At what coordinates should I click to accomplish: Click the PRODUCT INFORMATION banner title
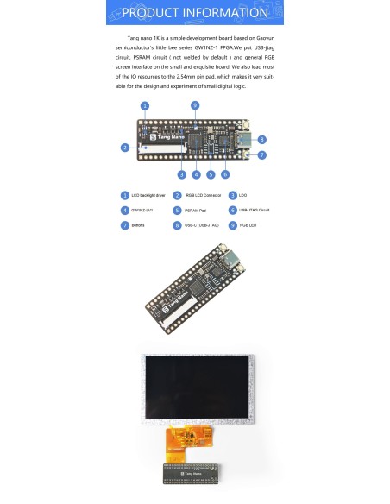195,13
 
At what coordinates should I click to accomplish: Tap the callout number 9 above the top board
195,104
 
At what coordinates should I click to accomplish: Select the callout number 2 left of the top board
124,148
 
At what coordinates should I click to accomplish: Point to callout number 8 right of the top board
261,138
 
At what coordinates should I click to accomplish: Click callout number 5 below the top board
211,173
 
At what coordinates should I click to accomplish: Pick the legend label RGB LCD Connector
203,196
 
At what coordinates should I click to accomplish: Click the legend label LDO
243,196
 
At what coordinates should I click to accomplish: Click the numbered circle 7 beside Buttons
123,225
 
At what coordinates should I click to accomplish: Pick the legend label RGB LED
248,225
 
